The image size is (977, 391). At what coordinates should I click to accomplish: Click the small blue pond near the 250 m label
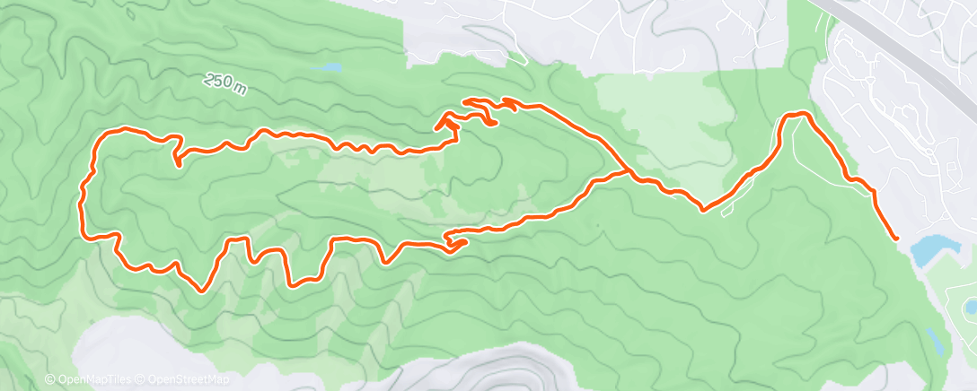331,67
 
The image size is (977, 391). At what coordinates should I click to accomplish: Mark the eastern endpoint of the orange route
896,238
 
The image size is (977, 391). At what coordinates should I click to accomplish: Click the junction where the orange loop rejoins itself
626,169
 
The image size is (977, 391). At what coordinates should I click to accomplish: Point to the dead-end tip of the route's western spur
177,164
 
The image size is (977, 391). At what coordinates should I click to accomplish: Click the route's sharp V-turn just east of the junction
702,210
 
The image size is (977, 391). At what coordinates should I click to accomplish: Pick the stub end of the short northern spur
495,123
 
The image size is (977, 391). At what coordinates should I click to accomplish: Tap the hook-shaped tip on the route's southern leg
463,240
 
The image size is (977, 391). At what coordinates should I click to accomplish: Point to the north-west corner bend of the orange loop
106,134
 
